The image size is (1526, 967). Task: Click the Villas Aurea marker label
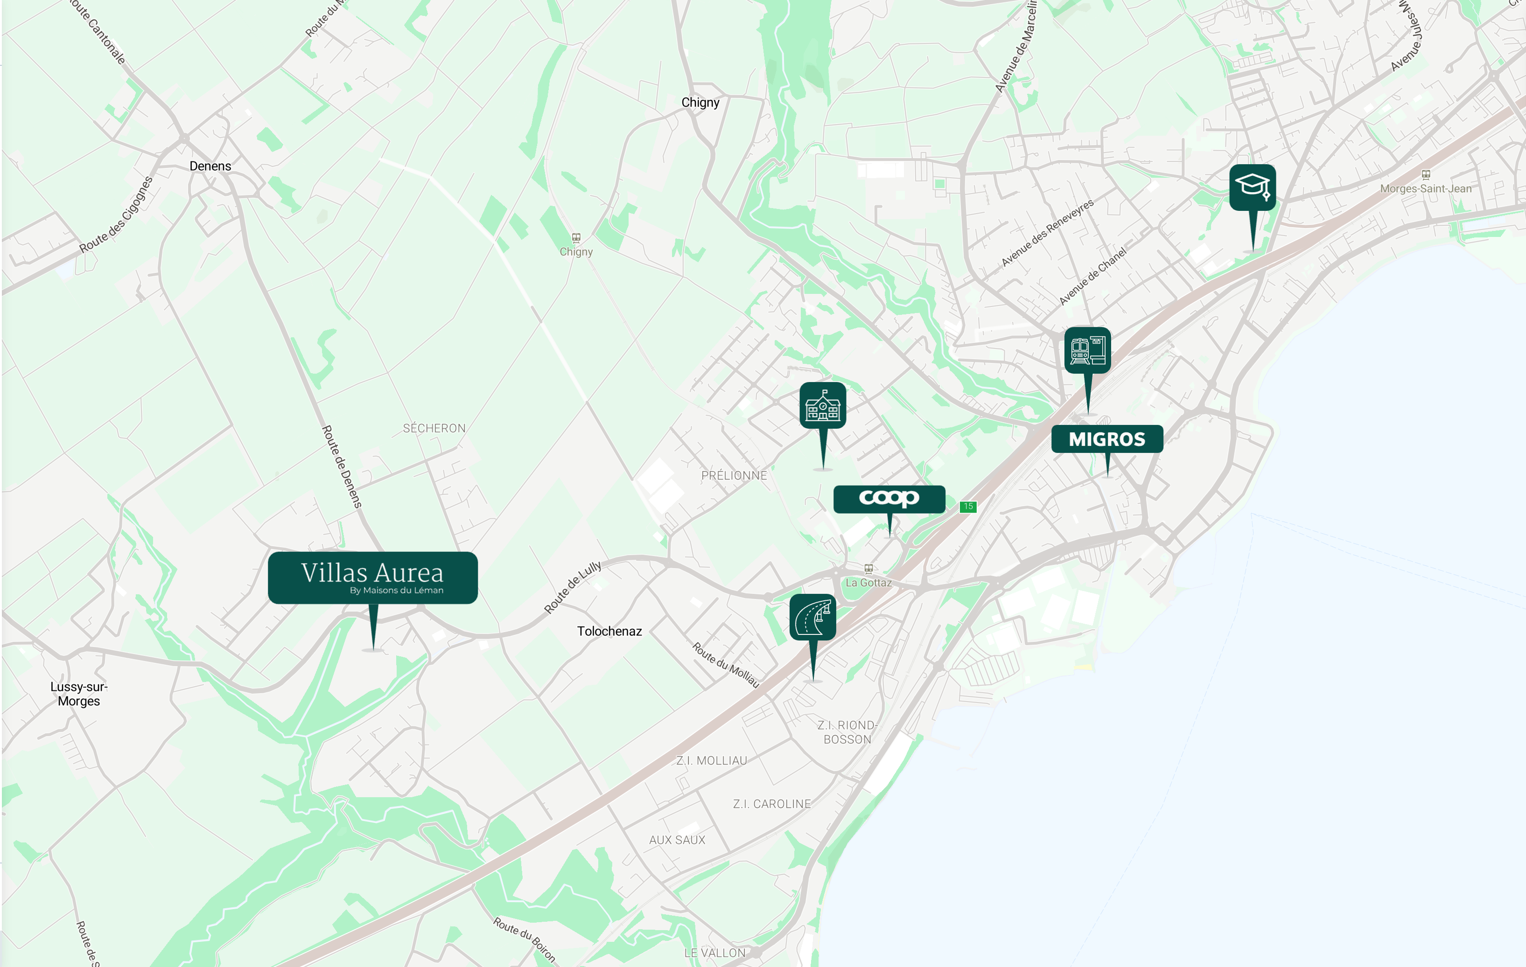pos(372,577)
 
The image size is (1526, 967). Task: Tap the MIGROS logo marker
pos(1106,439)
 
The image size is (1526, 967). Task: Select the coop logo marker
pos(889,498)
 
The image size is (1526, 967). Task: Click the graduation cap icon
pos(1252,187)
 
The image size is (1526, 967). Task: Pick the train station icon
pos(1087,350)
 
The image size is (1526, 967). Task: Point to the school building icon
pos(823,405)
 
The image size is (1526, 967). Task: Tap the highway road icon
pos(812,617)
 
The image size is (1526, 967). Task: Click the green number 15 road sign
pos(968,506)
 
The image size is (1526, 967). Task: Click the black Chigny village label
pos(700,103)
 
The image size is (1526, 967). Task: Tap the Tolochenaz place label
pos(609,631)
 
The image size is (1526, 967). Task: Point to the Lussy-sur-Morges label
pos(78,694)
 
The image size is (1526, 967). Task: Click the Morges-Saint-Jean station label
pos(1425,188)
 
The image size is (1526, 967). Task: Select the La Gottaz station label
pos(868,582)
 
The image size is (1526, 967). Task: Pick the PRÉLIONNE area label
pos(734,475)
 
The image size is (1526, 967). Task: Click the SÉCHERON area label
pos(434,428)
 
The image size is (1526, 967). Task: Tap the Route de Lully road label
pos(572,587)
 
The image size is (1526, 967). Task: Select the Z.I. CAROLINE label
pos(771,804)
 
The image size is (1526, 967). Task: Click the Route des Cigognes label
pos(116,214)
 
